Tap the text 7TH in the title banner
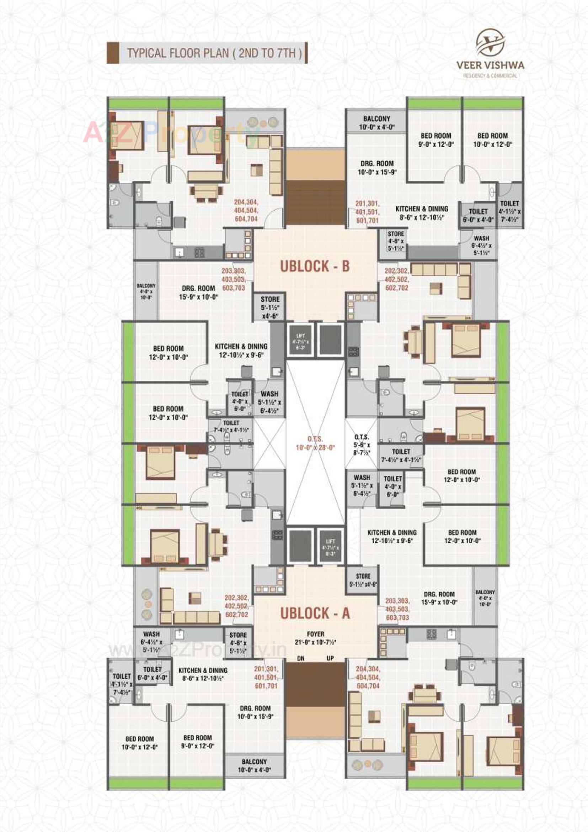[x=285, y=53]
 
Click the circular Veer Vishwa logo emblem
[x=490, y=42]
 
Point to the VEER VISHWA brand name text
[x=490, y=65]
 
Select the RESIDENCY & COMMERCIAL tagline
[x=490, y=76]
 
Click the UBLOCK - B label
[x=315, y=266]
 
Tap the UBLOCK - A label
[x=315, y=613]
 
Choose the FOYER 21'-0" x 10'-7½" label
[x=315, y=638]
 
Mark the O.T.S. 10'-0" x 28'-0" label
[x=315, y=443]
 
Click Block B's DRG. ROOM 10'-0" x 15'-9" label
[x=377, y=168]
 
